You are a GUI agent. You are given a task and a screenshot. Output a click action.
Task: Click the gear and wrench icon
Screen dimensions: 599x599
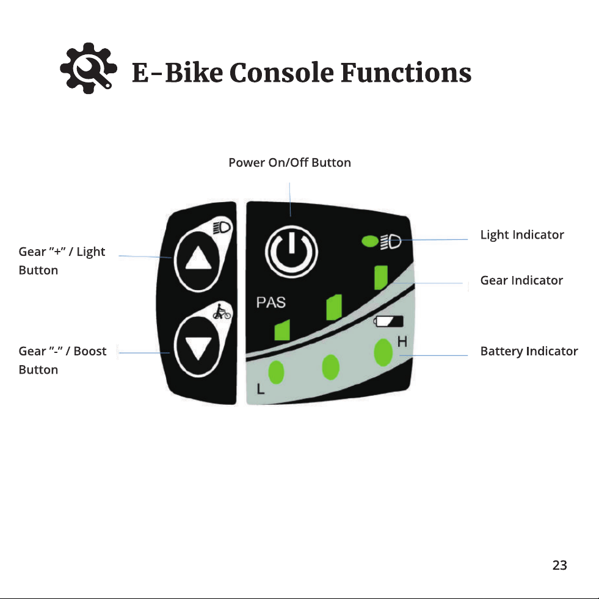coord(89,68)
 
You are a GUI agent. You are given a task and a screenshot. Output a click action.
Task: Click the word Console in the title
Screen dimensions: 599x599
coord(281,72)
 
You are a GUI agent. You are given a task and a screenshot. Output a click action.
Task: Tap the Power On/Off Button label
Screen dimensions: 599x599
coord(289,162)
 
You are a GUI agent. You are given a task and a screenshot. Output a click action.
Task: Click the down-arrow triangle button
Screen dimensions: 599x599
coord(198,346)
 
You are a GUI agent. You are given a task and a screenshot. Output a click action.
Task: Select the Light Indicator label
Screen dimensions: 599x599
coord(522,235)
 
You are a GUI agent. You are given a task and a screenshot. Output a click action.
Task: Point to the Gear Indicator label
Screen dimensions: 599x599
coord(521,280)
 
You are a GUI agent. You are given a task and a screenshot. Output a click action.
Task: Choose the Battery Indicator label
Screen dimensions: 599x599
coord(529,351)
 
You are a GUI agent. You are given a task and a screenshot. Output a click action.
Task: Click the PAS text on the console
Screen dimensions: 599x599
coord(271,303)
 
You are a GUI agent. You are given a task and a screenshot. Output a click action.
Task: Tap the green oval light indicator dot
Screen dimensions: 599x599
coord(370,241)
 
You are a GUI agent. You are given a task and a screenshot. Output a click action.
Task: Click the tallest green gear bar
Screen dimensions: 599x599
coord(381,278)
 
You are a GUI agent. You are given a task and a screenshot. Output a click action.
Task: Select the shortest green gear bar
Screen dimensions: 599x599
coord(282,330)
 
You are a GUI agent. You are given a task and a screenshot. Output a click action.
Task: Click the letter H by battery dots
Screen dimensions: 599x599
coord(402,342)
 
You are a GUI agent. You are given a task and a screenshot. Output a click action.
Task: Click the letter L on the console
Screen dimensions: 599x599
coord(261,389)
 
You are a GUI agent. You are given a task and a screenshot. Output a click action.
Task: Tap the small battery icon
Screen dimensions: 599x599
coord(388,321)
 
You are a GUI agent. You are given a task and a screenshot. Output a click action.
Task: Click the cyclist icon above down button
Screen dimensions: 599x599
coord(222,311)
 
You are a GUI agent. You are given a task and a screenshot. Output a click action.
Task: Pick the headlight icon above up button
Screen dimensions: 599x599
coord(222,227)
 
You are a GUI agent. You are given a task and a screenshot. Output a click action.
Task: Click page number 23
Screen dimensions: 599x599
coord(560,565)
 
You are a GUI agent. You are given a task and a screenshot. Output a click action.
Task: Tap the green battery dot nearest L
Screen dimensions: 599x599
coord(276,372)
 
